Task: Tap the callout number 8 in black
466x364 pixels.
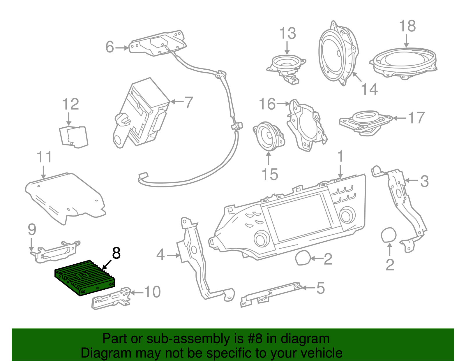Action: coord(116,253)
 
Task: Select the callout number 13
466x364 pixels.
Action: coord(287,34)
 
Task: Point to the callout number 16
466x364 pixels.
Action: coord(267,104)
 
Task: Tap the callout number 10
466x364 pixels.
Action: coord(152,292)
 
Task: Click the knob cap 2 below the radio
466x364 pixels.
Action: coord(303,258)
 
